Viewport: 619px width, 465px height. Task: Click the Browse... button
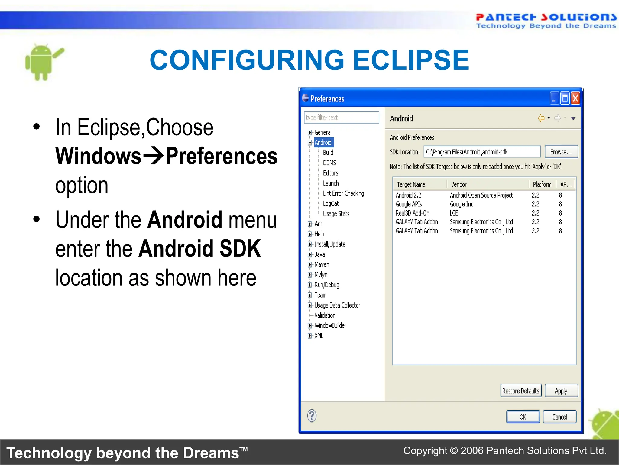[x=561, y=152]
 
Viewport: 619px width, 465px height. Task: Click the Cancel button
[x=559, y=417]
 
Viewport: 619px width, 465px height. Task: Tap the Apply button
[x=561, y=391]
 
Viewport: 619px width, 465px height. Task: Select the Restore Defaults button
[x=520, y=391]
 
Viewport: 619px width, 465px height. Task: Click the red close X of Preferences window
[x=575, y=98]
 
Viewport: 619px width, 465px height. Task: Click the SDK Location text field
[x=482, y=152]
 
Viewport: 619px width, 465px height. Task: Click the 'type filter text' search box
[x=341, y=117]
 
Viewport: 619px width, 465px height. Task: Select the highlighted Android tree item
[x=323, y=142]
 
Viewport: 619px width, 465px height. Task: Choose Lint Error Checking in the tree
[x=343, y=193]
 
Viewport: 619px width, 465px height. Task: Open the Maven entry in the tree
[x=322, y=265]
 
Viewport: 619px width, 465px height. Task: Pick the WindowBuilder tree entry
[x=330, y=325]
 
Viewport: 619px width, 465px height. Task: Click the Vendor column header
[x=459, y=184]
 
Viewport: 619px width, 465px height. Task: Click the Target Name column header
[x=411, y=184]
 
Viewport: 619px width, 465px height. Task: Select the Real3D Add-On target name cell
[x=412, y=213]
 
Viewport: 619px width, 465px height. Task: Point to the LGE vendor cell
[x=454, y=213]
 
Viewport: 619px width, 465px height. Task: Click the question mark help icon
[x=312, y=416]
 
